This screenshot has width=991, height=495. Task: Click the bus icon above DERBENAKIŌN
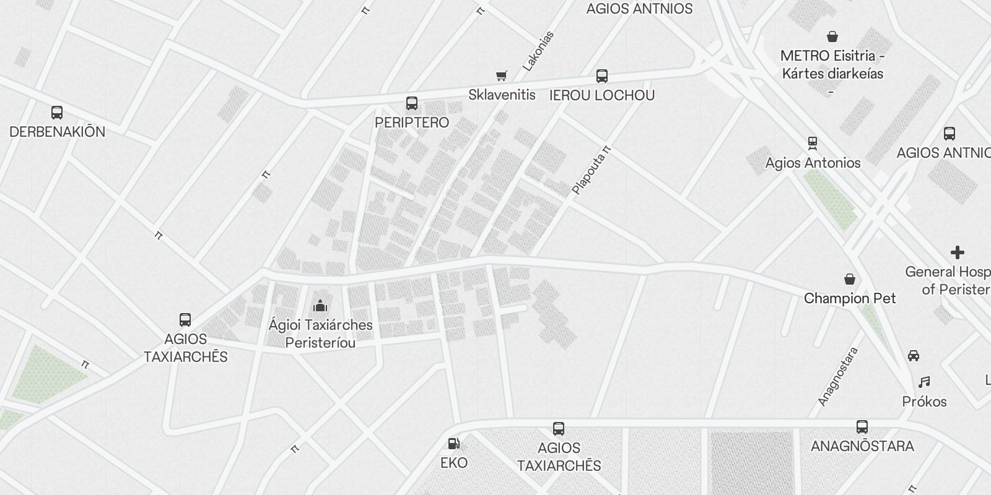coord(57,113)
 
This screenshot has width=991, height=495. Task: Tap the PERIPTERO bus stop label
coord(412,123)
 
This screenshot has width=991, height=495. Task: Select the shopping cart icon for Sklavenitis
coord(502,76)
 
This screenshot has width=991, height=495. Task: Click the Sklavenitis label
coord(502,95)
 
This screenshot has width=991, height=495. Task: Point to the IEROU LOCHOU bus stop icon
coord(601,76)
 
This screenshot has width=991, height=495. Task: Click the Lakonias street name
coord(538,51)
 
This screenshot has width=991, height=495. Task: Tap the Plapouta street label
coord(591,170)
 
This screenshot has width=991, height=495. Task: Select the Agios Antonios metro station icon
coord(813,144)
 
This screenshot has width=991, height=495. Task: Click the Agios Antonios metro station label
coord(813,163)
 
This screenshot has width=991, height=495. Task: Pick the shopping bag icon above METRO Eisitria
coord(833,37)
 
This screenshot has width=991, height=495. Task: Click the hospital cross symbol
coord(958,252)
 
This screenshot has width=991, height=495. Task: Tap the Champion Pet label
coord(850,298)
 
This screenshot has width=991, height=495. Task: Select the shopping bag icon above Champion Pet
coord(850,279)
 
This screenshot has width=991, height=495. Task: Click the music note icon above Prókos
coord(924,382)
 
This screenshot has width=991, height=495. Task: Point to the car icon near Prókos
coord(913,356)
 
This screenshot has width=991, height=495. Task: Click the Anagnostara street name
coord(838,376)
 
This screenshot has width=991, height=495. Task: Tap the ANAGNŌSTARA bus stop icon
coord(862,426)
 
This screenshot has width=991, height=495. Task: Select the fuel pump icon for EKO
coord(454,444)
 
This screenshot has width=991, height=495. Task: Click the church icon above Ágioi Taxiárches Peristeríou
coord(320,305)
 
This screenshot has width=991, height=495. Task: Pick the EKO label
coord(454,463)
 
